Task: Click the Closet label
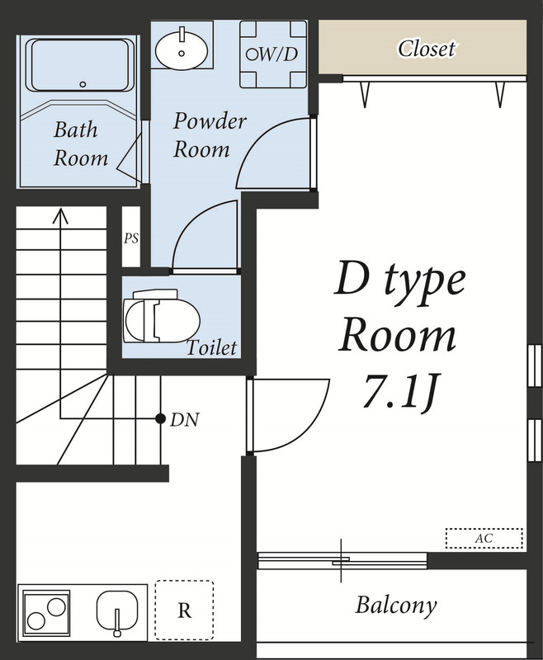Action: [427, 49]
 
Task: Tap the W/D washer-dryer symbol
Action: [273, 54]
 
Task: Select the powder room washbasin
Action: [182, 49]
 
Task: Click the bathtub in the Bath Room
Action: [80, 66]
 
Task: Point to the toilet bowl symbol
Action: [162, 316]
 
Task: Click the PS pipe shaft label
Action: [131, 238]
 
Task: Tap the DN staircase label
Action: [184, 419]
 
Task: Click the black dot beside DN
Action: [160, 418]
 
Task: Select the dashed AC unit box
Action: [484, 539]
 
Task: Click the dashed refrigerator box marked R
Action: [184, 610]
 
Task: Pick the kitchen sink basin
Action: [117, 612]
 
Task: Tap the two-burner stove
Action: [47, 612]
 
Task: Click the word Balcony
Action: [395, 606]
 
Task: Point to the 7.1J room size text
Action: [399, 391]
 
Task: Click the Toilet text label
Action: [211, 347]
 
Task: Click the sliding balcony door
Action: [342, 560]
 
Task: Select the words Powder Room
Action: [210, 134]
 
